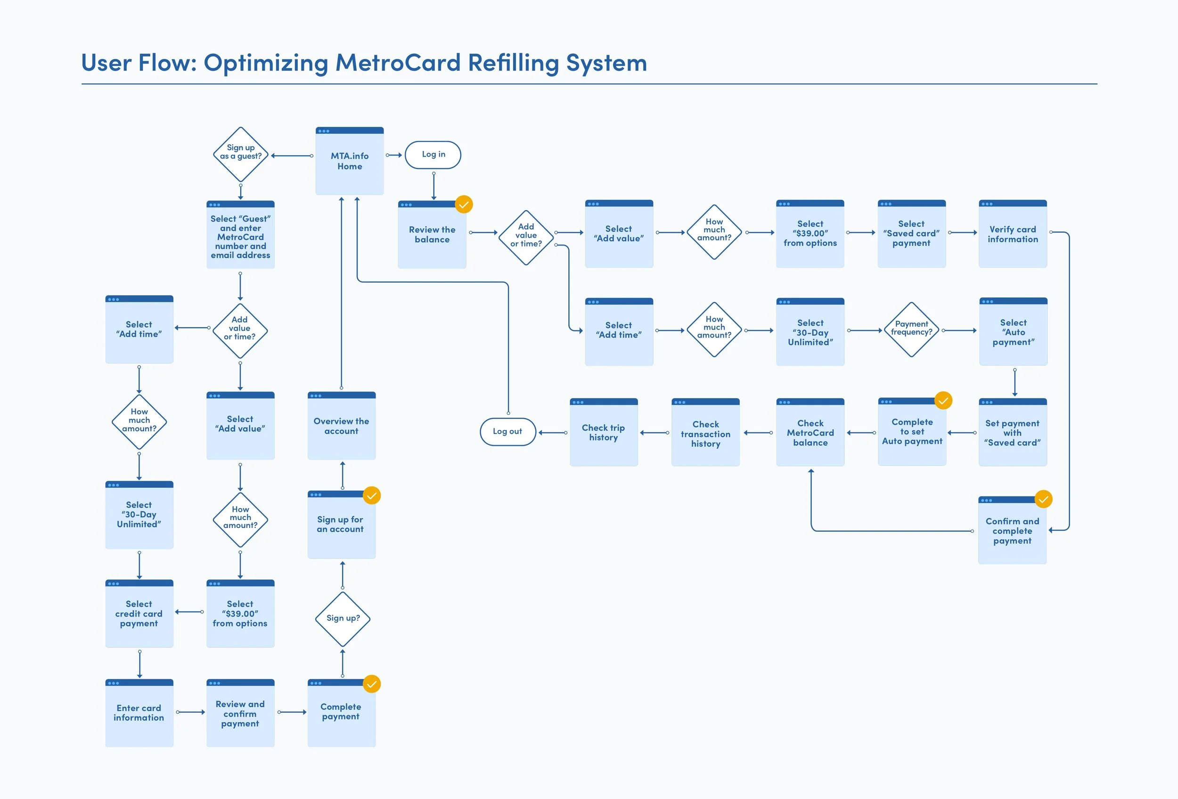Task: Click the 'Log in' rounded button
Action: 433,155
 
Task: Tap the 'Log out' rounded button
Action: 507,431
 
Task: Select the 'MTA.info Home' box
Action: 350,161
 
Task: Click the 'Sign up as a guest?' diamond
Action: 241,155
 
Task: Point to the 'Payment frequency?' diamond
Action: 911,329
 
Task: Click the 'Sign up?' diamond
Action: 343,619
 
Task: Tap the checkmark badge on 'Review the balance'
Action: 464,204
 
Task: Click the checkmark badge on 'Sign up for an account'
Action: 372,495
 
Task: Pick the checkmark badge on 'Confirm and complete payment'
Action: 1043,499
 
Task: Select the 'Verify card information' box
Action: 1013,234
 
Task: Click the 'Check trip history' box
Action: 604,432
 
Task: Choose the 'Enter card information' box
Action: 139,713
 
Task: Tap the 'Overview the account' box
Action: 342,425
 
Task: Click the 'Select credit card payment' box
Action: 139,613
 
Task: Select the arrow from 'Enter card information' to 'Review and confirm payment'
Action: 190,712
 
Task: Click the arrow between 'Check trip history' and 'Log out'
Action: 553,433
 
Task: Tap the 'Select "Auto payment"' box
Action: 1013,331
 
